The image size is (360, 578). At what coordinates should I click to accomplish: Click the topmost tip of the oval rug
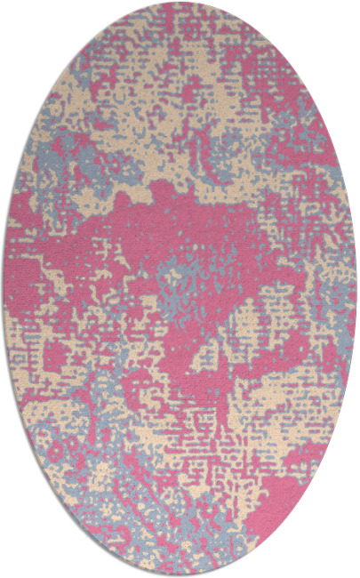click(x=180, y=3)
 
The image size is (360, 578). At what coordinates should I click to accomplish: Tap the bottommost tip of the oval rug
click(x=180, y=574)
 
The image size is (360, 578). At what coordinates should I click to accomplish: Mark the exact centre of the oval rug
click(x=180, y=289)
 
